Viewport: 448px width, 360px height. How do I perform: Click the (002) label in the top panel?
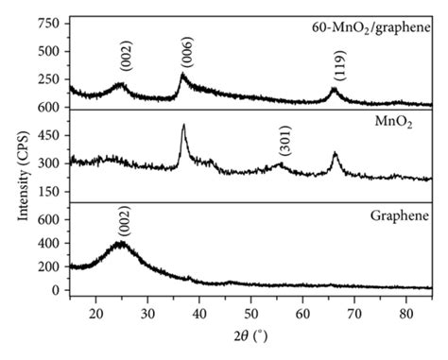(x=126, y=60)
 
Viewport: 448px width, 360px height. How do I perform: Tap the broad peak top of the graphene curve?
(x=120, y=243)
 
